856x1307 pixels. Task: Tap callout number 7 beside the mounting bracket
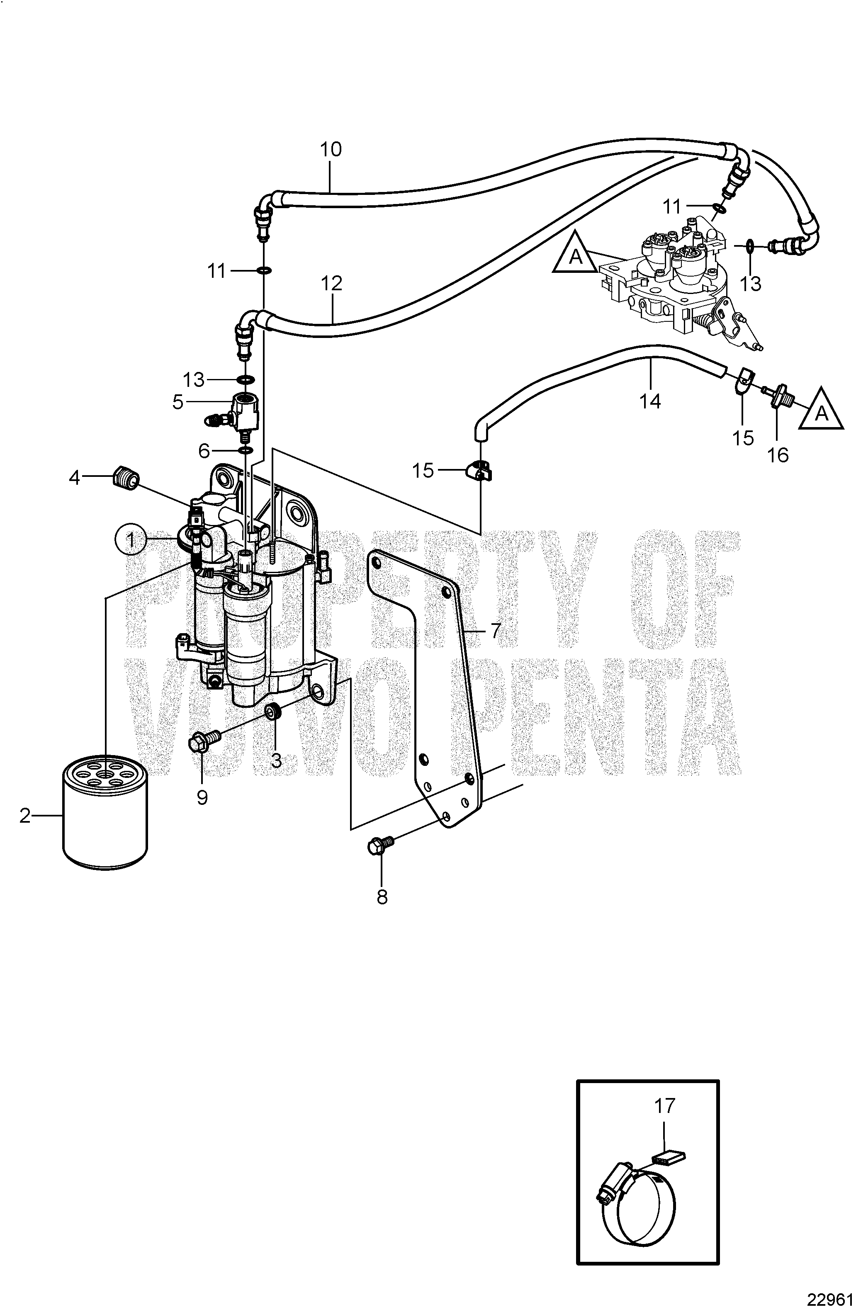496,631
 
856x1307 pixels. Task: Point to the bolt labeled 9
204,742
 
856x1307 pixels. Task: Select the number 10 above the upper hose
331,149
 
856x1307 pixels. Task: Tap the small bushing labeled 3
272,712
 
